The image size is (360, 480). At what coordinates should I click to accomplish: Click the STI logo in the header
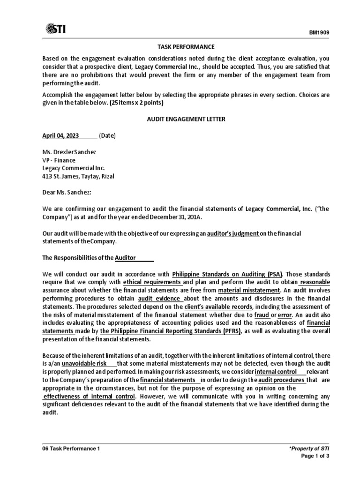pos(56,30)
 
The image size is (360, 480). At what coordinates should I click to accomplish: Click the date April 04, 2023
pos(61,136)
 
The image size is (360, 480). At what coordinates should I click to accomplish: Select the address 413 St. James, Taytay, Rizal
pos(78,176)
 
